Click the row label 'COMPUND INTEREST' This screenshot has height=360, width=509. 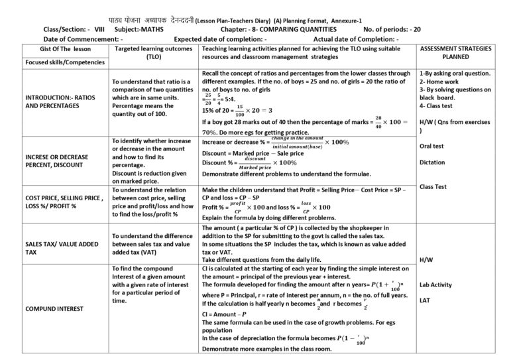[54, 309]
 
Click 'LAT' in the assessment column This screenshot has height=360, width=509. [426, 300]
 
